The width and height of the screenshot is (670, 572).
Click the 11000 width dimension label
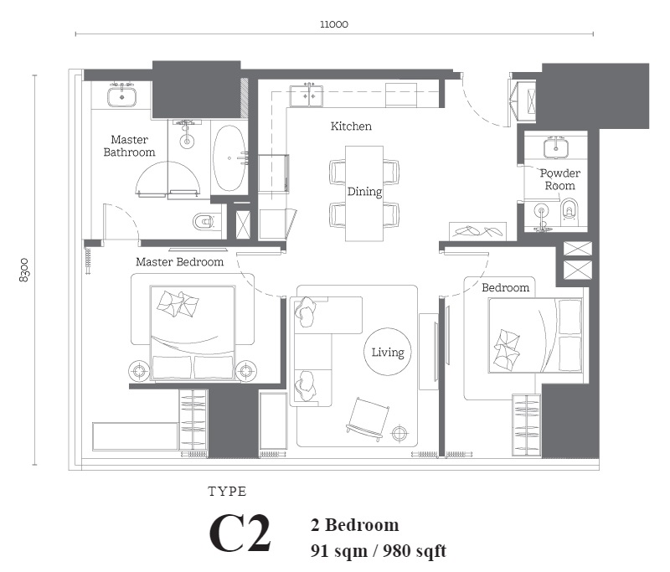coord(334,24)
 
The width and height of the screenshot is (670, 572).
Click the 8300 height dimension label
coord(24,270)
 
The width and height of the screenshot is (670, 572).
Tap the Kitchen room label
coord(351,126)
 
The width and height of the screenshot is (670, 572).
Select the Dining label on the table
coord(364,192)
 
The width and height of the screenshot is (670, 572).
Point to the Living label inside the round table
coord(388,353)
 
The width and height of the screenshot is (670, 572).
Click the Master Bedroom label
coord(179,262)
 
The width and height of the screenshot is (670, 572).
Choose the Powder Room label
coord(559,179)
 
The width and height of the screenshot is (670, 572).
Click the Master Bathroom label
coord(129,146)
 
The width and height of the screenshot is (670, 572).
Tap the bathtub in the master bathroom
coord(229,158)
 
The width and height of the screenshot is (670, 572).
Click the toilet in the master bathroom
coord(204,222)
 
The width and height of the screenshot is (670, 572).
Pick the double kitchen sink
coord(307,95)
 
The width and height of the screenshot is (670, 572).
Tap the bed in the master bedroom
coord(193,332)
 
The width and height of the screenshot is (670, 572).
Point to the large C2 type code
coord(240,533)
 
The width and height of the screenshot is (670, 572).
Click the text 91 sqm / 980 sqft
coord(379,550)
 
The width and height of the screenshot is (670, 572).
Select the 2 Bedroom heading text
coord(354,524)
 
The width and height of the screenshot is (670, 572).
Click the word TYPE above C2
coord(227,492)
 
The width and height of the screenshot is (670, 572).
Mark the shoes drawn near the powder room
coord(477,231)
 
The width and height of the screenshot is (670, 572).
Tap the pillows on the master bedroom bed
coord(178,304)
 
